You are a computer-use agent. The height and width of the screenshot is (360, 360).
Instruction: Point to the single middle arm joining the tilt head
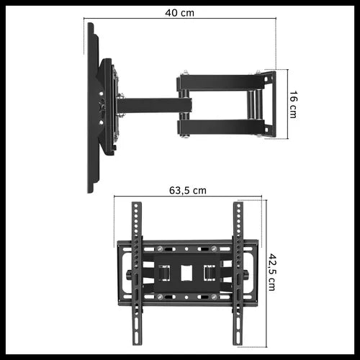tap(151, 105)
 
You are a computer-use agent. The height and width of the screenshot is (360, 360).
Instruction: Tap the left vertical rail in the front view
tap(135, 274)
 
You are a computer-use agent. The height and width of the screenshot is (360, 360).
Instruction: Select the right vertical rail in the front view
tap(238, 274)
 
